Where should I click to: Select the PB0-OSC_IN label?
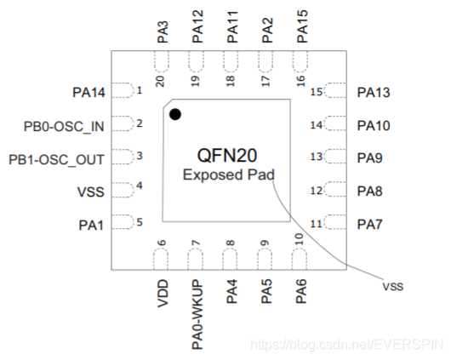(x=64, y=126)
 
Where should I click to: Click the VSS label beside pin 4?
(x=90, y=191)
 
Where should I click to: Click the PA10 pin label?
(x=374, y=126)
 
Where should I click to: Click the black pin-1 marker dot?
(x=175, y=114)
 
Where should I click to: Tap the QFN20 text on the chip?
(x=230, y=156)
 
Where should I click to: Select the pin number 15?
(x=317, y=92)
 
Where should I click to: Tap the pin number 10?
(x=299, y=239)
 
